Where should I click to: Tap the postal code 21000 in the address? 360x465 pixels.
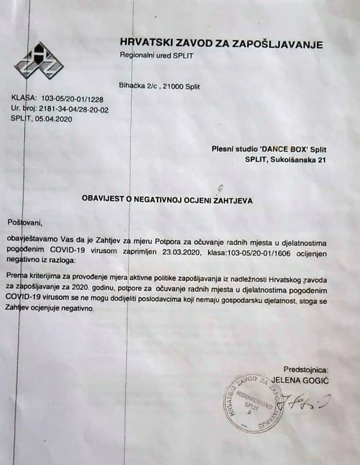(x=173, y=87)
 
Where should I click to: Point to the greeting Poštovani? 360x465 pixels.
(x=24, y=223)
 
